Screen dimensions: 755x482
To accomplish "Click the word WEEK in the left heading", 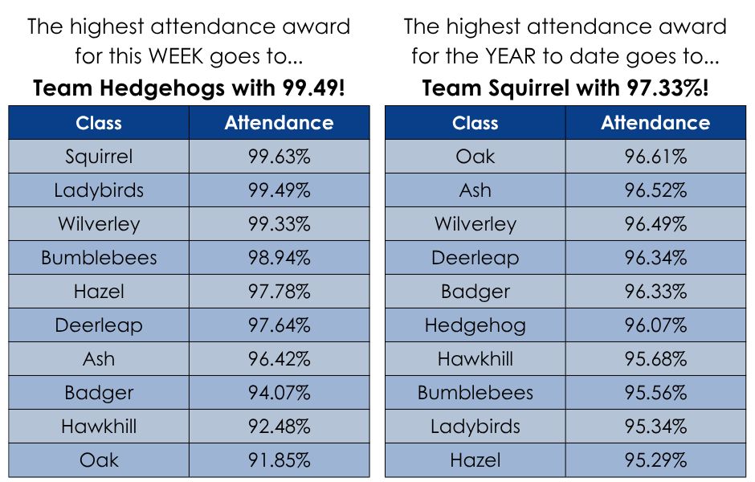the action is tap(176, 56).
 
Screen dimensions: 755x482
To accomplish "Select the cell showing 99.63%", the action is tap(280, 157).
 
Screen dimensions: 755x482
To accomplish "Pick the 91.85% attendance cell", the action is tap(280, 460).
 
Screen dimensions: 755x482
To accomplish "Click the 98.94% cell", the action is tap(280, 258).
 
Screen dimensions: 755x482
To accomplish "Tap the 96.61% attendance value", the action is tap(656, 157).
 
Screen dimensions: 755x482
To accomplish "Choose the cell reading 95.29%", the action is tap(656, 460).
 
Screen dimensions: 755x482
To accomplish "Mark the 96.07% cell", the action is tap(656, 325).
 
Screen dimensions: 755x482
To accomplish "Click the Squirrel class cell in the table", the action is tap(99, 157).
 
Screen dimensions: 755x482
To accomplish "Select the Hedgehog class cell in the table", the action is tap(475, 325).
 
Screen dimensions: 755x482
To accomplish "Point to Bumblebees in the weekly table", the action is tap(99, 258).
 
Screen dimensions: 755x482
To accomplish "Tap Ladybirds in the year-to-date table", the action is tap(475, 426).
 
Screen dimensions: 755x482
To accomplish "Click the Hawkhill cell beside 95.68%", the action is tap(475, 359).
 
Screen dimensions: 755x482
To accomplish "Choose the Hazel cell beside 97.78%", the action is tap(99, 292).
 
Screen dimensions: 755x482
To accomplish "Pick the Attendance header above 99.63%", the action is tap(280, 123).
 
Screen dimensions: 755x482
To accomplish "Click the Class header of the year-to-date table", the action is tap(475, 123).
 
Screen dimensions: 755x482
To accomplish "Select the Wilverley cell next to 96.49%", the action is tap(475, 224).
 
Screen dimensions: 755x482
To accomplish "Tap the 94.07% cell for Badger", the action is tap(280, 393).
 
